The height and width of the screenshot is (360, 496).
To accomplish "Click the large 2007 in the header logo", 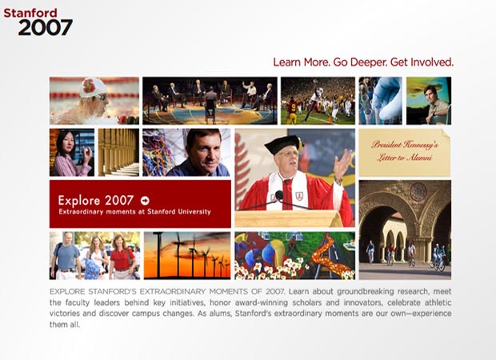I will click(45, 28).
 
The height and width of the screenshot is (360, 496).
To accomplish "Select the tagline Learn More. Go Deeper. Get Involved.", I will click(363, 62).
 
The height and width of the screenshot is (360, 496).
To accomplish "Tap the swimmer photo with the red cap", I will click(94, 100).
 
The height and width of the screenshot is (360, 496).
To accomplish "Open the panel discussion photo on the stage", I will click(210, 100).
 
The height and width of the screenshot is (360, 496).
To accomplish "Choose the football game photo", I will click(318, 100).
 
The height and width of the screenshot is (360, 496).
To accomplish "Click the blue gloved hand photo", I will click(380, 100).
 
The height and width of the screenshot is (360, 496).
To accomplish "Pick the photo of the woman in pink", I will click(71, 152).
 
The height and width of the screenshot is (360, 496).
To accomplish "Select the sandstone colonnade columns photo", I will click(118, 152).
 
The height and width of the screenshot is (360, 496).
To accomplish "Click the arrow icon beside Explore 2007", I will click(145, 200).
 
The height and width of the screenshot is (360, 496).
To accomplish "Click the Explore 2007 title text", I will click(96, 200).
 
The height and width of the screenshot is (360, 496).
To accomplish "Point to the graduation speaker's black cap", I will click(283, 145).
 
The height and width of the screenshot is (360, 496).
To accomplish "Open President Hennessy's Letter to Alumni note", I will click(404, 152).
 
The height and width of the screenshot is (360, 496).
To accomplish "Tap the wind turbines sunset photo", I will click(186, 254).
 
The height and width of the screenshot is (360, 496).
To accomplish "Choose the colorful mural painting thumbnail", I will click(294, 254).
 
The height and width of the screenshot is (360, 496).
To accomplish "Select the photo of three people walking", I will click(94, 254).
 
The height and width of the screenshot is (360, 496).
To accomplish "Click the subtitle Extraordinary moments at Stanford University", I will click(134, 212).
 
